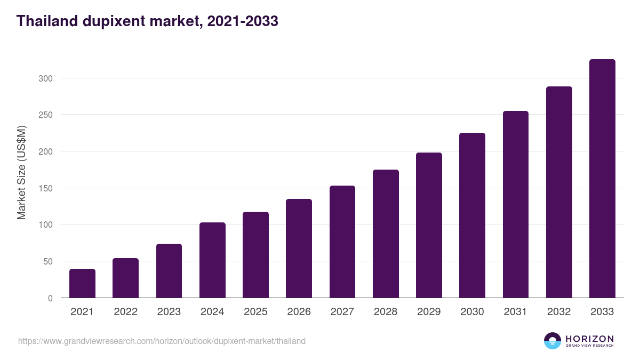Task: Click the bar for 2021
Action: coord(82,283)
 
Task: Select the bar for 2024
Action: coord(212,260)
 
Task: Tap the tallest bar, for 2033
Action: coord(602,179)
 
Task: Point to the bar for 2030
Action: coord(472,215)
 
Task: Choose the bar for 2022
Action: coord(125,278)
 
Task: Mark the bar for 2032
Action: coord(559,192)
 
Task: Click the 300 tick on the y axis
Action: coord(46,78)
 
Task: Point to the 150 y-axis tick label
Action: coord(46,188)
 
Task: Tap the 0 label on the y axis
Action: coord(51,298)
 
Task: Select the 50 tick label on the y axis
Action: coord(49,261)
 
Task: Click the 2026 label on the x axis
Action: coord(299,312)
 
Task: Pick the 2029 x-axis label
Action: coord(429,312)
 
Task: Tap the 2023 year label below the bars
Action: coord(169,312)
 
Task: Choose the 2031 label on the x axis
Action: coord(515,312)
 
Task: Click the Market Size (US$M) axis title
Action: coord(21,172)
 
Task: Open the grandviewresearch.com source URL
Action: coord(162,341)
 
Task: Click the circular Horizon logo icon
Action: coord(552,341)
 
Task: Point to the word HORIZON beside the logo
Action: coord(589,339)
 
